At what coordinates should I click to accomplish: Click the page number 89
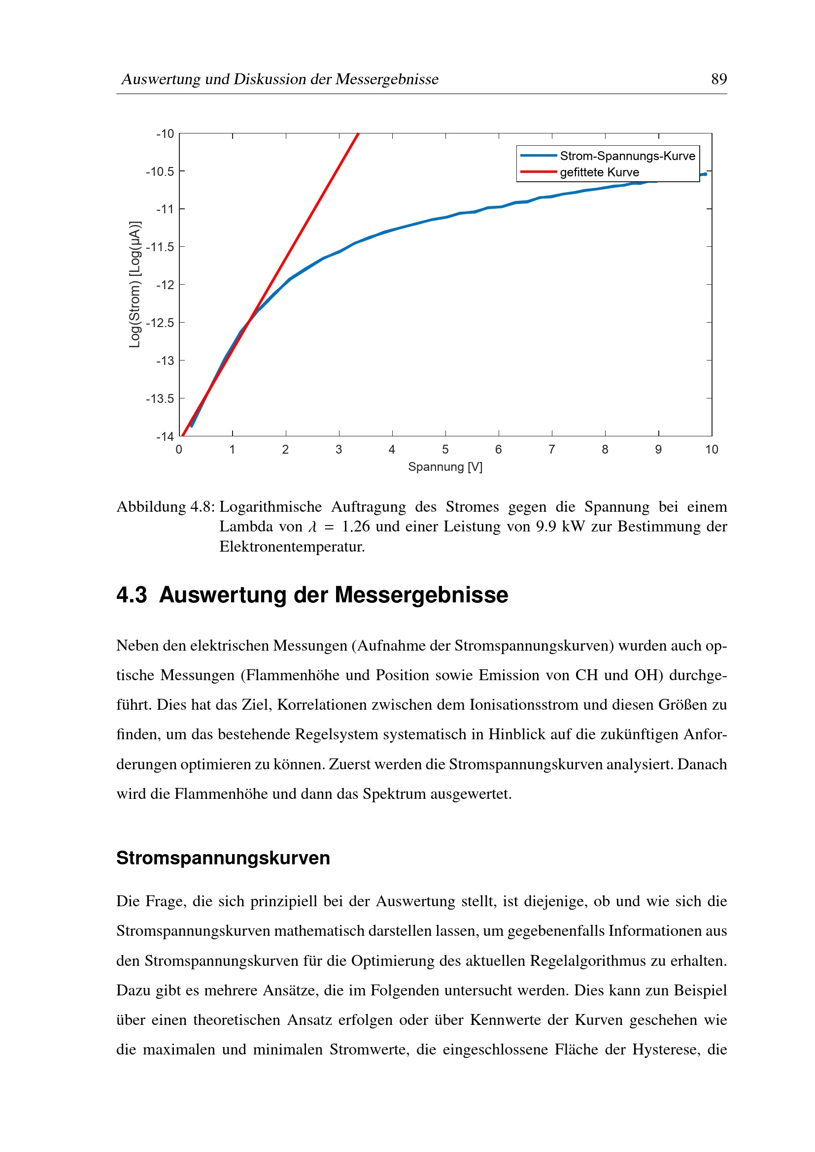pyautogui.click(x=718, y=79)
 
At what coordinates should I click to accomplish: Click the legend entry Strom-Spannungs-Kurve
pyautogui.click(x=627, y=156)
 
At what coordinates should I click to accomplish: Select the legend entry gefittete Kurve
pyautogui.click(x=599, y=172)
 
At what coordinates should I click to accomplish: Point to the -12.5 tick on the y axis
pyautogui.click(x=160, y=323)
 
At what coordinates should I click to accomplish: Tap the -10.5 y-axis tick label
pyautogui.click(x=160, y=171)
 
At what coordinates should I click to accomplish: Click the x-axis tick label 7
pyautogui.click(x=551, y=450)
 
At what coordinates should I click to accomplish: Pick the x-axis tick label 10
pyautogui.click(x=711, y=450)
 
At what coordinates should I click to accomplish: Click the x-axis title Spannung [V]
pyautogui.click(x=445, y=467)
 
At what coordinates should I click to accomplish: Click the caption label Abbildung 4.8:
pyautogui.click(x=166, y=507)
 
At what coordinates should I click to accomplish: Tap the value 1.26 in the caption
pyautogui.click(x=355, y=527)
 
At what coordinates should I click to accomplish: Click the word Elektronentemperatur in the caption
pyautogui.click(x=292, y=546)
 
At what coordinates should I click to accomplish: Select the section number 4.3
pyautogui.click(x=132, y=595)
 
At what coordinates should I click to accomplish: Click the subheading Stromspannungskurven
pyautogui.click(x=223, y=858)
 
